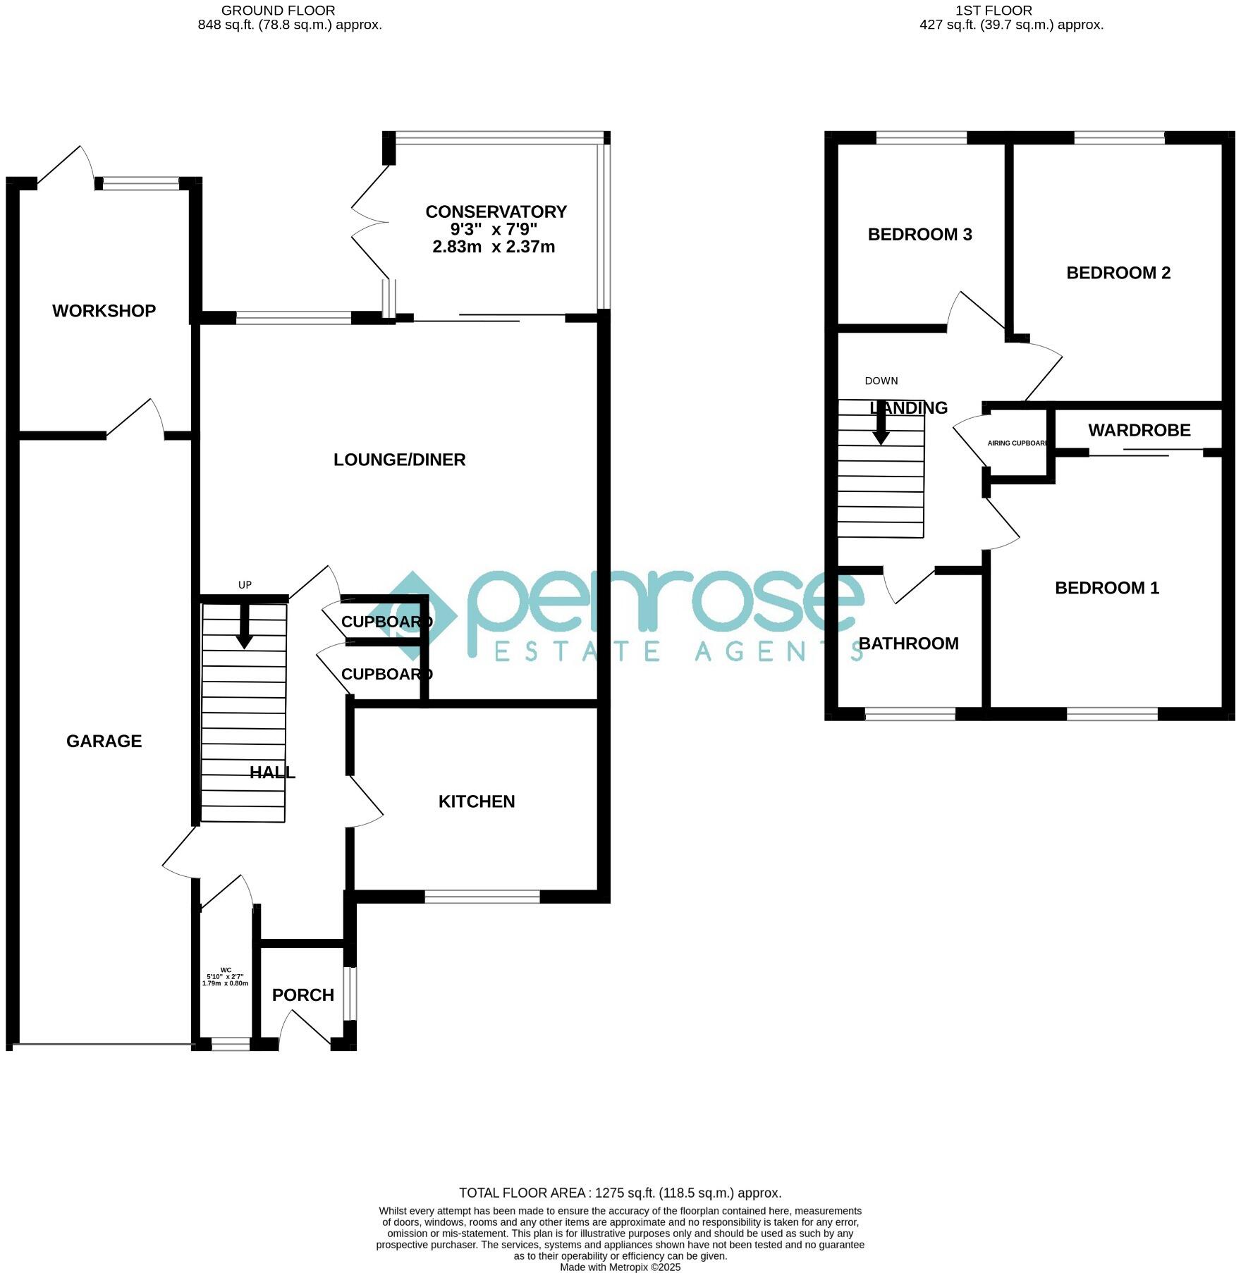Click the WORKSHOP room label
click(x=104, y=311)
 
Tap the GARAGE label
click(x=104, y=741)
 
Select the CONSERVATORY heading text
click(x=496, y=211)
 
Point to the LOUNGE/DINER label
click(x=399, y=460)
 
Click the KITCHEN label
click(x=477, y=801)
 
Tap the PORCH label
click(x=302, y=995)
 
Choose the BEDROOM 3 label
click(x=919, y=235)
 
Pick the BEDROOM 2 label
click(x=1118, y=273)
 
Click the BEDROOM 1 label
click(x=1106, y=588)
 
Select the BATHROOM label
click(x=908, y=644)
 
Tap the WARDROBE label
click(x=1139, y=430)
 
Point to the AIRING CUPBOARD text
click(x=1017, y=443)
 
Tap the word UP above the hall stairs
click(x=245, y=585)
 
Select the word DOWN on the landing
click(x=881, y=381)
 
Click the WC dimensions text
click(x=225, y=980)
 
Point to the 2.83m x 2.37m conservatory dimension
click(x=493, y=247)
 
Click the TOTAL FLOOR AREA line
click(x=620, y=1193)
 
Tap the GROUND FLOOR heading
click(x=278, y=11)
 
